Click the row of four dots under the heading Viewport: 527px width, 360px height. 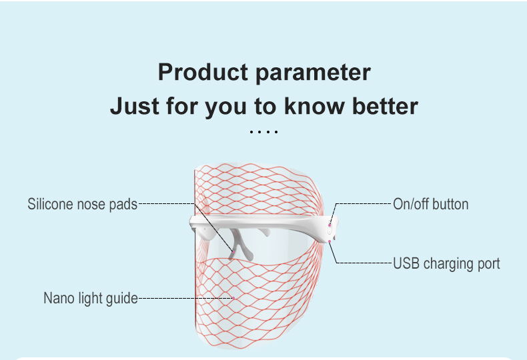[263, 131]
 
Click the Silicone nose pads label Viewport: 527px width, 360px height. [82, 204]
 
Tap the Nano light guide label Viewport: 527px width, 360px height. [90, 298]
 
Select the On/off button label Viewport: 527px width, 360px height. [430, 204]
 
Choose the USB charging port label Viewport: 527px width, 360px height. [446, 263]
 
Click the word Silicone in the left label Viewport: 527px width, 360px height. [49, 204]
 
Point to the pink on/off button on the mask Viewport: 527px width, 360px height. [330, 225]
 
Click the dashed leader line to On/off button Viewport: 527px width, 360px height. [364, 203]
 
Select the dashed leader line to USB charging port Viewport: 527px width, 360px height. [364, 263]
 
